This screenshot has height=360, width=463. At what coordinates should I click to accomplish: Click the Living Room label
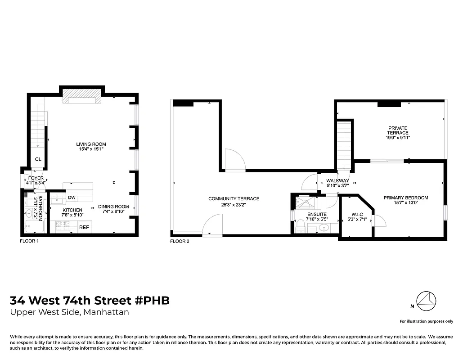pos(91,144)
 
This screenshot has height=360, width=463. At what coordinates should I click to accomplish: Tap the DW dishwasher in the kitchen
pos(72,198)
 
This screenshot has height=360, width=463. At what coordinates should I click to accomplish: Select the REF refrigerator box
pos(84,228)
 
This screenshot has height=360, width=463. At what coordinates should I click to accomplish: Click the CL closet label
pos(39,159)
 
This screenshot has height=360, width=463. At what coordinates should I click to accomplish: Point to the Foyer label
pos(36,178)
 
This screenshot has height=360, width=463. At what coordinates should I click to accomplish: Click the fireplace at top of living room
pos(82,96)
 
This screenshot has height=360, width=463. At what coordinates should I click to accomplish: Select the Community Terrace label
pos(234,199)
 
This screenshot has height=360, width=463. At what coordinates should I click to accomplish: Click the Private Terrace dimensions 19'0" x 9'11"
pos(398,138)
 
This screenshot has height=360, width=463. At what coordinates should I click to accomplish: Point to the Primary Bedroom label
pos(405,198)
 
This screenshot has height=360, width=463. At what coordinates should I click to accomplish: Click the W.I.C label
pos(357,214)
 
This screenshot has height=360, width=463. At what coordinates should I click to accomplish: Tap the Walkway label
pos(337,181)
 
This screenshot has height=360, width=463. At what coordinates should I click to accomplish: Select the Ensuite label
pos(317,214)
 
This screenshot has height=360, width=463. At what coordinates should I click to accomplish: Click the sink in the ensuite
pos(324,228)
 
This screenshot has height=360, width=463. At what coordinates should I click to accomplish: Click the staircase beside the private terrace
pos(344,145)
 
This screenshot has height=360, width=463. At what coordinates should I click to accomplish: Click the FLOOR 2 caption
pos(180,242)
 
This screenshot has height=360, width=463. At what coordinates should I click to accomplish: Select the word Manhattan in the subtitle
pos(106,312)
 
